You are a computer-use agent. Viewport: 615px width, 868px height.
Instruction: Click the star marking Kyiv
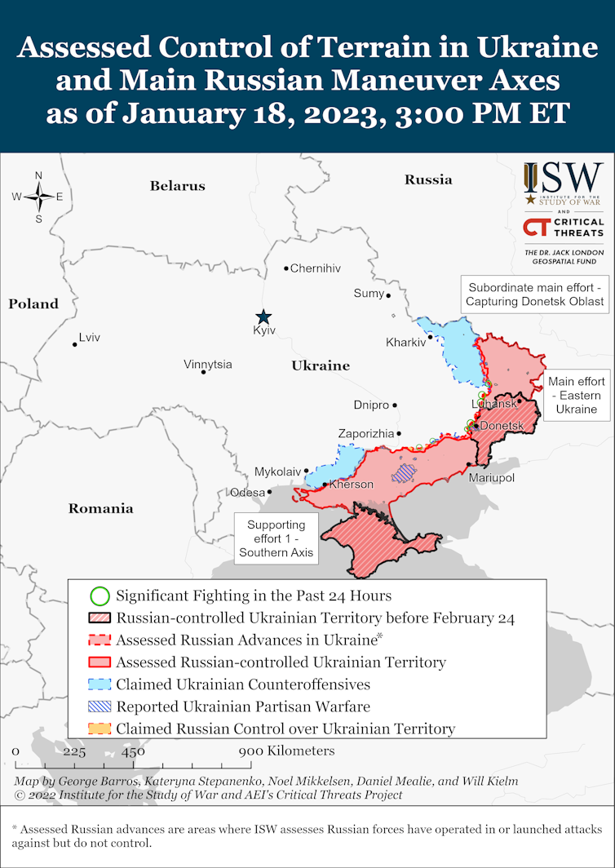pos(263,317)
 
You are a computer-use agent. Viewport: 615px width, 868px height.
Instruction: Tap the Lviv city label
pos(89,338)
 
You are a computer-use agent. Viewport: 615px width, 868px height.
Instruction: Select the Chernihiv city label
pos(316,268)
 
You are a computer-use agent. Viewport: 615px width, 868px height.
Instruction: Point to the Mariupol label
pos(492,477)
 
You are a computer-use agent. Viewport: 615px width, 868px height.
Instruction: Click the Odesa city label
pos(247,492)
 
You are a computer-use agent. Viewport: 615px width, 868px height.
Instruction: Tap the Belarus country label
pos(177,186)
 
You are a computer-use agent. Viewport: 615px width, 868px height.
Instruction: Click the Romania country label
pos(100,508)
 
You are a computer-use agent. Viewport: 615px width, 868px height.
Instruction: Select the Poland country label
pos(33,303)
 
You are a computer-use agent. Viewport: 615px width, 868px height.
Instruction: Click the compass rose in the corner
pos(38,197)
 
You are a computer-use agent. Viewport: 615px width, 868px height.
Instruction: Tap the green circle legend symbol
pos(99,596)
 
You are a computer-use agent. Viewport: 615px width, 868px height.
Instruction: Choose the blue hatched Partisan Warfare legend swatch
pos(99,706)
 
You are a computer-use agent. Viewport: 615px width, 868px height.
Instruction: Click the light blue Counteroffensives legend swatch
pos(99,684)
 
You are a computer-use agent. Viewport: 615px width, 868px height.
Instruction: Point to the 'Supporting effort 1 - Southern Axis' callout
pos(277,539)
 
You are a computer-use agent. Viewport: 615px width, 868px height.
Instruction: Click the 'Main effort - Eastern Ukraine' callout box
pos(577,396)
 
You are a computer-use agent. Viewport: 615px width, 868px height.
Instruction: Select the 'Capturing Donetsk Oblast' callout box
pos(535,294)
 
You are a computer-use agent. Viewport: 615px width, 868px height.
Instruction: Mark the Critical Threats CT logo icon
pos(536,228)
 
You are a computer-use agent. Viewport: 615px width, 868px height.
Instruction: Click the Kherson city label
pos(351,485)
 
